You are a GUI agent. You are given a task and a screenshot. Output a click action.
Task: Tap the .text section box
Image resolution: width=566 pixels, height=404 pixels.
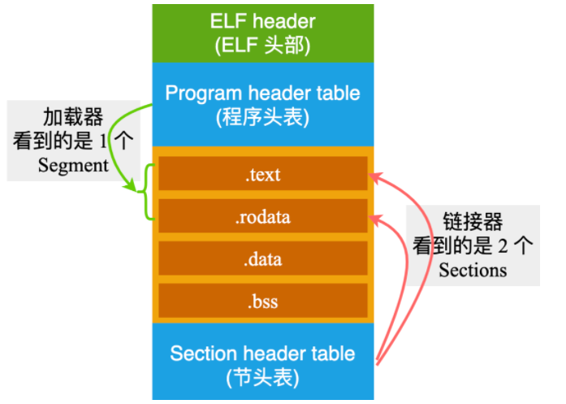(x=262, y=175)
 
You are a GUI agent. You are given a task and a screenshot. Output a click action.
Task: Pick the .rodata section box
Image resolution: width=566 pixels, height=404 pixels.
(x=262, y=217)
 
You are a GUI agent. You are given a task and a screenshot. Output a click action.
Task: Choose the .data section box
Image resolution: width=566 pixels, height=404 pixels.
(x=262, y=259)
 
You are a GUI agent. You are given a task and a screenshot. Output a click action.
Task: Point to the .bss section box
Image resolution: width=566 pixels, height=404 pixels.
(x=262, y=302)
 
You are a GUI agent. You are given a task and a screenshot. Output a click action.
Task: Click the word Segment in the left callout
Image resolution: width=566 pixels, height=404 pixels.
(x=73, y=165)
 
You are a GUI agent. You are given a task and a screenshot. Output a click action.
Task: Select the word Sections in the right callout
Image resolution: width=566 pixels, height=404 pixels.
(x=473, y=269)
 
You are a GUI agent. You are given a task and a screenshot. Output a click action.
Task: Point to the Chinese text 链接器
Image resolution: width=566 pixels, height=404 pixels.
(x=473, y=220)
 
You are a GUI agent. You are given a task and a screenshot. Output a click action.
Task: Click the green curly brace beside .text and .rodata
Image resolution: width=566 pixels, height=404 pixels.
(x=149, y=192)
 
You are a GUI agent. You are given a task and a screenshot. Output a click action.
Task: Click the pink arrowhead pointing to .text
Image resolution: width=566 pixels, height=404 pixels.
(x=374, y=175)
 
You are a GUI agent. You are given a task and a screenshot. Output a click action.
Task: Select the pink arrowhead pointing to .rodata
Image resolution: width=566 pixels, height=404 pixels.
(x=374, y=217)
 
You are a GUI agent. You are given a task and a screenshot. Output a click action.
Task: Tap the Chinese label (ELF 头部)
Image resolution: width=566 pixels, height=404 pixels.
(x=262, y=46)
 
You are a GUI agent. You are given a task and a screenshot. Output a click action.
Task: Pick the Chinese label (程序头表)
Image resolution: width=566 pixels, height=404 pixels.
(x=262, y=117)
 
